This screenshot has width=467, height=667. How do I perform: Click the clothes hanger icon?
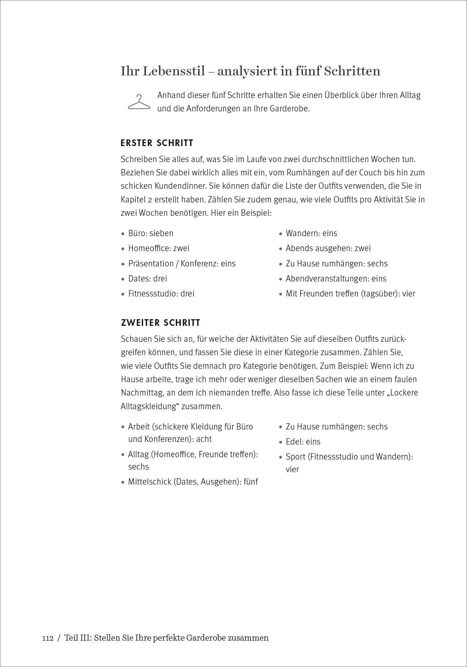point(139,102)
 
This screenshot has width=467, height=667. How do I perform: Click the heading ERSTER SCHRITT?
point(157,143)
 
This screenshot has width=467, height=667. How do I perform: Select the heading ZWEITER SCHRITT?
point(160,323)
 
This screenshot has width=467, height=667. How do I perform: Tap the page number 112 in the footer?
point(48,638)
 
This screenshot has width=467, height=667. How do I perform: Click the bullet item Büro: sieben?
point(151,233)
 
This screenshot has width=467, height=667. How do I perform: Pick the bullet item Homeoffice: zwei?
point(159,248)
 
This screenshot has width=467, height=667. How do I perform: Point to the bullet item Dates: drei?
point(148,278)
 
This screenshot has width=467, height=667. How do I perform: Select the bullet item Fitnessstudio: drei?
point(161,293)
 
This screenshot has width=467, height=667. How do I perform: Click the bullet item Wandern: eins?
point(312,233)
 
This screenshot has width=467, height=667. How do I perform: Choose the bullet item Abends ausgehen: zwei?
point(328,248)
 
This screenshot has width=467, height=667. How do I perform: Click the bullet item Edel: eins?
point(303,442)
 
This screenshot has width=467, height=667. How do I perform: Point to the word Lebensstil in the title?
point(173,71)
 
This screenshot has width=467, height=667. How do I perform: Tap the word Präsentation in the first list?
point(151,263)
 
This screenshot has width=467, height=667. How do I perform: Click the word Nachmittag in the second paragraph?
point(142,393)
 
